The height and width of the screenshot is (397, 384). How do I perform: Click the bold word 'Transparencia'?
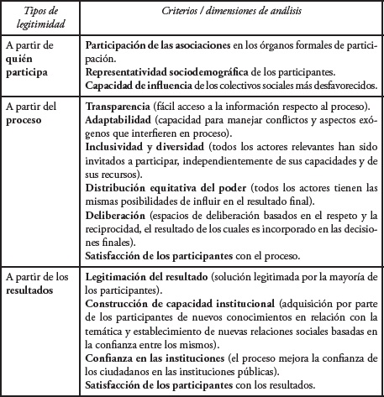tap(116, 109)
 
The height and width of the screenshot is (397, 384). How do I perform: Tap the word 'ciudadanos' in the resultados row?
tap(142, 372)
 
